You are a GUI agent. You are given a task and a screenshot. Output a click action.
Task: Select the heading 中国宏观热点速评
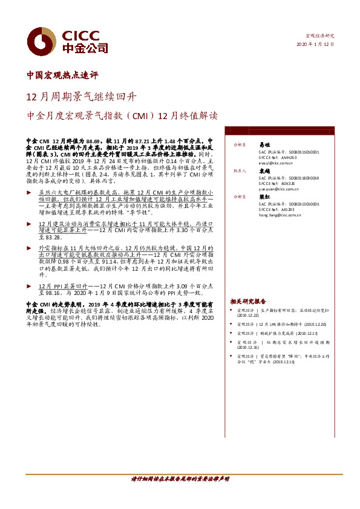coord(63,76)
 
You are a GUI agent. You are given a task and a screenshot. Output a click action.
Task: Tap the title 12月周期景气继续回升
coord(82,96)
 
